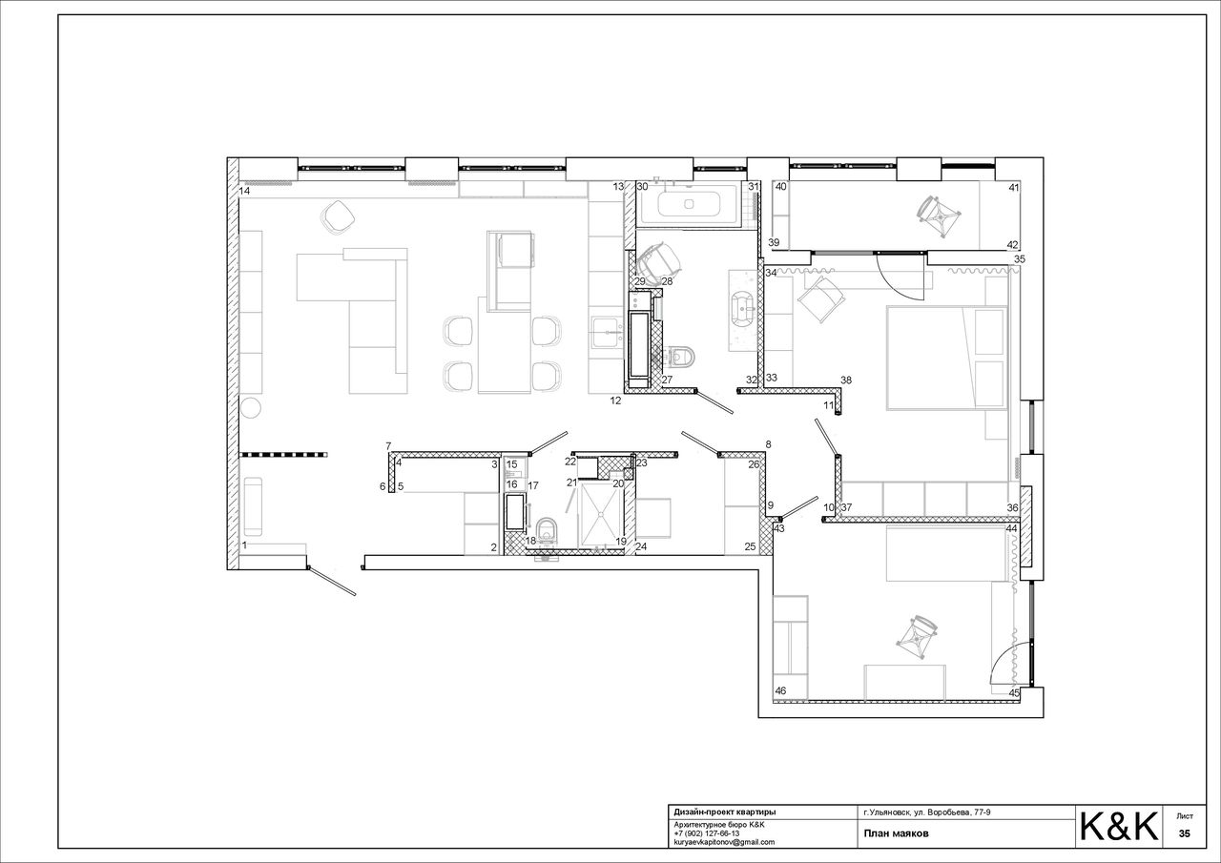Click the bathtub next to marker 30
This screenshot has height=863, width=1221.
pyautogui.click(x=689, y=204)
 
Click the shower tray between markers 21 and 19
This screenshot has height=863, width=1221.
pyautogui.click(x=600, y=513)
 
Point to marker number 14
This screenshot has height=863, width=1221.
pyautogui.click(x=244, y=192)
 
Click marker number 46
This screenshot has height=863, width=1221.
pyautogui.click(x=780, y=690)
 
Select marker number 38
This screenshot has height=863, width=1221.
pyautogui.click(x=845, y=380)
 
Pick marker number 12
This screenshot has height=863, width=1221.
pyautogui.click(x=615, y=401)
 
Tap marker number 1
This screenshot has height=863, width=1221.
pyautogui.click(x=244, y=545)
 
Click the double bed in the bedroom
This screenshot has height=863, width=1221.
pyautogui.click(x=947, y=358)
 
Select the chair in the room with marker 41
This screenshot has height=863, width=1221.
pyautogui.click(x=939, y=216)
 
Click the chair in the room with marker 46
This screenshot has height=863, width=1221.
pyautogui.click(x=918, y=637)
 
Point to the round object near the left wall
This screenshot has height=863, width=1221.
pyautogui.click(x=251, y=407)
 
